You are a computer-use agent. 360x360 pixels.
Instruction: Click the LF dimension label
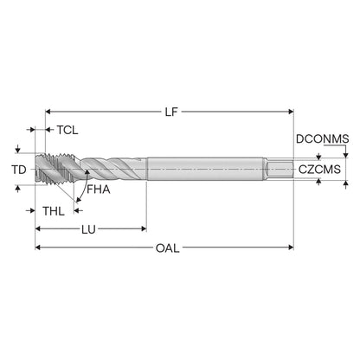tap(171, 112)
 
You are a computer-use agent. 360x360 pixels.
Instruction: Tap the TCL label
tap(67, 130)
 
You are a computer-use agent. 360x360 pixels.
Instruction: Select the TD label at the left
tap(19, 170)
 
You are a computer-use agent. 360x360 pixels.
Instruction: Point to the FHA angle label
tap(99, 190)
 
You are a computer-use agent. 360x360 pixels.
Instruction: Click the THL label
tap(54, 211)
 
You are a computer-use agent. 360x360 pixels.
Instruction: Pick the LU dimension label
tap(88, 229)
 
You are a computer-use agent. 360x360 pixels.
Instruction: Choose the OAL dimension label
tap(167, 248)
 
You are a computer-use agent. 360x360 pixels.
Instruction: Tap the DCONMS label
tap(323, 139)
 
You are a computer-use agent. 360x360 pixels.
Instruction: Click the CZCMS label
tap(319, 170)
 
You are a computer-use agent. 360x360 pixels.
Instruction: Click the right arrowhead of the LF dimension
tap(291, 112)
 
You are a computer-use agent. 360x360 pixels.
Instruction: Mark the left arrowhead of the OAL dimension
tap(38, 247)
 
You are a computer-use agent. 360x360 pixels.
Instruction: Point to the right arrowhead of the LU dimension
tap(144, 229)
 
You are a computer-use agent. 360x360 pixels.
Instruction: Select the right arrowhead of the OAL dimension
tap(291, 247)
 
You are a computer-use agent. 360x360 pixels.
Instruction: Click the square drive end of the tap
tap(279, 170)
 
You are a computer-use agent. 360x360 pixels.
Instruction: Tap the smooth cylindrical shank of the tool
tap(205, 169)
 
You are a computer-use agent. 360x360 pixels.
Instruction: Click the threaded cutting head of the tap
tap(56, 169)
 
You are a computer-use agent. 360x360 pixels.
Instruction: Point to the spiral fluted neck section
tap(113, 169)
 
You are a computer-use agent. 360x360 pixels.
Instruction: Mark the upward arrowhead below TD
tap(18, 189)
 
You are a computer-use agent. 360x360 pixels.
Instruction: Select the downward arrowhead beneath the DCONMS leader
tap(346, 155)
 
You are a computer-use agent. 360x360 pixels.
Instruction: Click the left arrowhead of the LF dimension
tap(48, 112)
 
